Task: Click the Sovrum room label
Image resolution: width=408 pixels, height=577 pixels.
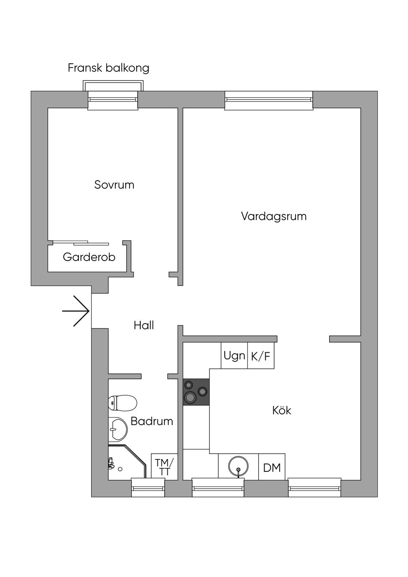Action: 114,185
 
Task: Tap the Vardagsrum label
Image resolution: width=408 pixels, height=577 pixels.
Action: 274,216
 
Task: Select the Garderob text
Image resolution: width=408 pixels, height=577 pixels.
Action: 89,257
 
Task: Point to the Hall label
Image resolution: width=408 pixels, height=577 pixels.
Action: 144,325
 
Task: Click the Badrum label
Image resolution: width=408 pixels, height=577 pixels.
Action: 152,421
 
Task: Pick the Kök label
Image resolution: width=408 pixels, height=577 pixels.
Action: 282,410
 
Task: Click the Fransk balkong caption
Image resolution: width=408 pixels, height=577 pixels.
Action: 108,68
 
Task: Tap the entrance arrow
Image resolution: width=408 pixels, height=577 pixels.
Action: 76,311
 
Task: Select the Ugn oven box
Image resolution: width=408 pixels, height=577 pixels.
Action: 234,355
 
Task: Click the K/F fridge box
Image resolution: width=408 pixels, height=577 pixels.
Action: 261,355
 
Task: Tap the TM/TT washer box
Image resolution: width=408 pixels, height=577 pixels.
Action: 164,467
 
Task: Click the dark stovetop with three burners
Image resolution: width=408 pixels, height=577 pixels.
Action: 196,392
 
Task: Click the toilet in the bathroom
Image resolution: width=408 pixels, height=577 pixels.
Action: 122,403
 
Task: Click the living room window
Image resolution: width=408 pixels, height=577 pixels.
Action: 269,100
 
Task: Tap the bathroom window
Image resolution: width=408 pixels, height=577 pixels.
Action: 148,488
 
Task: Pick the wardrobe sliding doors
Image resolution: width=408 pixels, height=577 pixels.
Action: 80,243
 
